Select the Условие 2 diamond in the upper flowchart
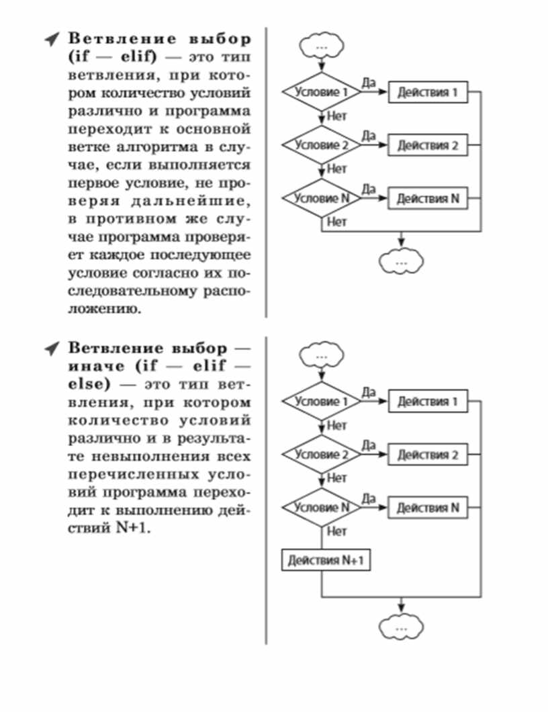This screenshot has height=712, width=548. click(x=322, y=144)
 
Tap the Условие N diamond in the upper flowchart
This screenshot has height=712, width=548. click(x=322, y=198)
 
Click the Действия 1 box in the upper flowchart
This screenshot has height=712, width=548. click(x=428, y=92)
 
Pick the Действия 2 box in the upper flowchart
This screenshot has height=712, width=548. click(x=428, y=145)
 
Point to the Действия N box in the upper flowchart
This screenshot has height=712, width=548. click(x=428, y=199)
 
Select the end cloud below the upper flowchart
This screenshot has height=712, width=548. click(x=402, y=261)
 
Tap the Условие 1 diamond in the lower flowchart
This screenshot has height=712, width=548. click(x=322, y=402)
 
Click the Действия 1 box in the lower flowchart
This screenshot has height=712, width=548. click(x=428, y=402)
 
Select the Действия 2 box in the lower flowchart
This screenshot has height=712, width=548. click(x=428, y=455)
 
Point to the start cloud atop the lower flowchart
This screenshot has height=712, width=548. click(x=322, y=354)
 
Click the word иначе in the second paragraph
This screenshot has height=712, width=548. click(x=97, y=367)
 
